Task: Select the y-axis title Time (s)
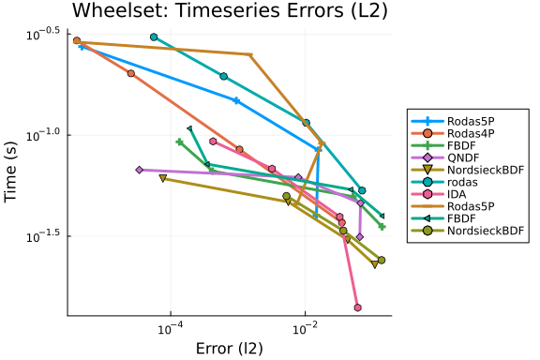click(x=10, y=172)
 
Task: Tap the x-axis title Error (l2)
click(x=230, y=349)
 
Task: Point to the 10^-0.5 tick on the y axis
click(x=43, y=34)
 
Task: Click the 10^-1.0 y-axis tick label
click(x=43, y=135)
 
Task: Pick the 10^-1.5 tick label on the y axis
click(x=43, y=236)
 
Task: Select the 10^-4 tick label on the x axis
click(x=170, y=328)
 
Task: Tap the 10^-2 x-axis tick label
click(x=305, y=328)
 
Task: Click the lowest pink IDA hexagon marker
click(x=357, y=307)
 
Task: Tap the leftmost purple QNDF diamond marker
click(x=139, y=170)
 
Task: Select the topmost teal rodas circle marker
click(x=154, y=37)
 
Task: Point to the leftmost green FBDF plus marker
click(x=179, y=142)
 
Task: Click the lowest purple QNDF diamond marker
click(x=360, y=237)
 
